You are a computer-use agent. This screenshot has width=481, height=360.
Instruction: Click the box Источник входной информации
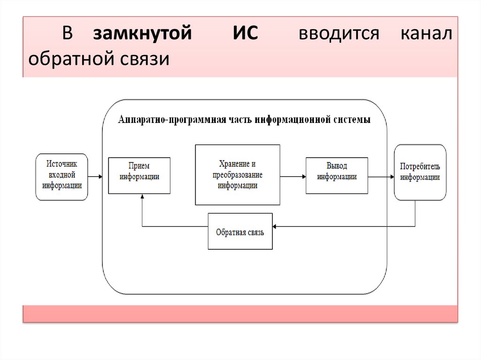tap(62, 177)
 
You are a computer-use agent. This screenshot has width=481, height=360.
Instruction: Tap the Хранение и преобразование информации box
tap(237, 175)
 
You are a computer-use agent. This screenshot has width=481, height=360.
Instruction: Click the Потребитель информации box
tap(420, 173)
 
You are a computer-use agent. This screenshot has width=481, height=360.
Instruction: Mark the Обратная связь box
tap(240, 231)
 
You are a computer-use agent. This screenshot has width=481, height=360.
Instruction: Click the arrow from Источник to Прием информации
tap(95, 176)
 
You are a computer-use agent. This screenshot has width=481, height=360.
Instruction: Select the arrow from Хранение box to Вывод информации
tap(293, 176)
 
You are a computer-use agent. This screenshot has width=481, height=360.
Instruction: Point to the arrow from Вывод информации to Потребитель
tap(381, 176)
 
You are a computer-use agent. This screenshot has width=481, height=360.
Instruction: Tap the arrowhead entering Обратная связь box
tap(275, 227)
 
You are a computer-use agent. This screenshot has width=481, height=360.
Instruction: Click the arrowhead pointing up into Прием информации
tap(142, 197)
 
